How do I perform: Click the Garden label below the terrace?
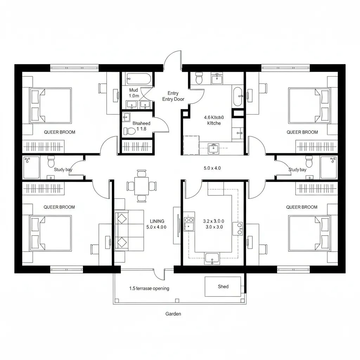pyautogui.click(x=173, y=314)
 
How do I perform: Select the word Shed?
pyautogui.click(x=223, y=287)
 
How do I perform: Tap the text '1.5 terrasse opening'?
pyautogui.click(x=149, y=288)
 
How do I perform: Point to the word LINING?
pyautogui.click(x=157, y=221)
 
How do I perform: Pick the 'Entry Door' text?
pyautogui.click(x=173, y=99)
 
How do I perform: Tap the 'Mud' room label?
pyautogui.click(x=133, y=90)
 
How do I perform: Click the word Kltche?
pyautogui.click(x=214, y=123)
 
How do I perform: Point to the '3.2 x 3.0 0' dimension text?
pyautogui.click(x=213, y=221)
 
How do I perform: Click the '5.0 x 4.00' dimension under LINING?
pyautogui.click(x=156, y=227)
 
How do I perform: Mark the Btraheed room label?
pyautogui.click(x=141, y=123)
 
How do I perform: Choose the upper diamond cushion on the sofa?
pyautogui.click(x=122, y=219)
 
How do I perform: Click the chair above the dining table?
pyautogui.click(x=141, y=173)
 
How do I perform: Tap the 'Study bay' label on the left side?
pyautogui.click(x=63, y=169)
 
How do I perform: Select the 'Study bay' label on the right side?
pyautogui.click(x=297, y=169)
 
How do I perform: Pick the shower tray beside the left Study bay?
pyautogui.click(x=32, y=167)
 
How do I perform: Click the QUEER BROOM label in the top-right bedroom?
pyautogui.click(x=302, y=132)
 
